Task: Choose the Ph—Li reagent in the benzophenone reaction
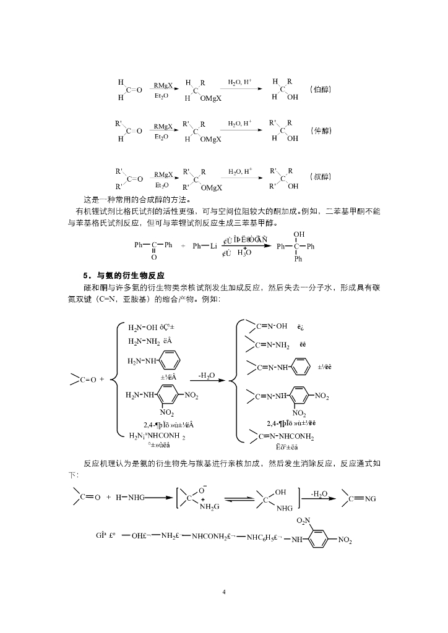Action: coord(204,245)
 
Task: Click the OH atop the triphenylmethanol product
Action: coord(299,234)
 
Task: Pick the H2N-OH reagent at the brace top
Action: coord(143,328)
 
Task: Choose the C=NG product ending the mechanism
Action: coord(363,498)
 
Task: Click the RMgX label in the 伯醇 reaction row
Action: coord(163,86)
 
